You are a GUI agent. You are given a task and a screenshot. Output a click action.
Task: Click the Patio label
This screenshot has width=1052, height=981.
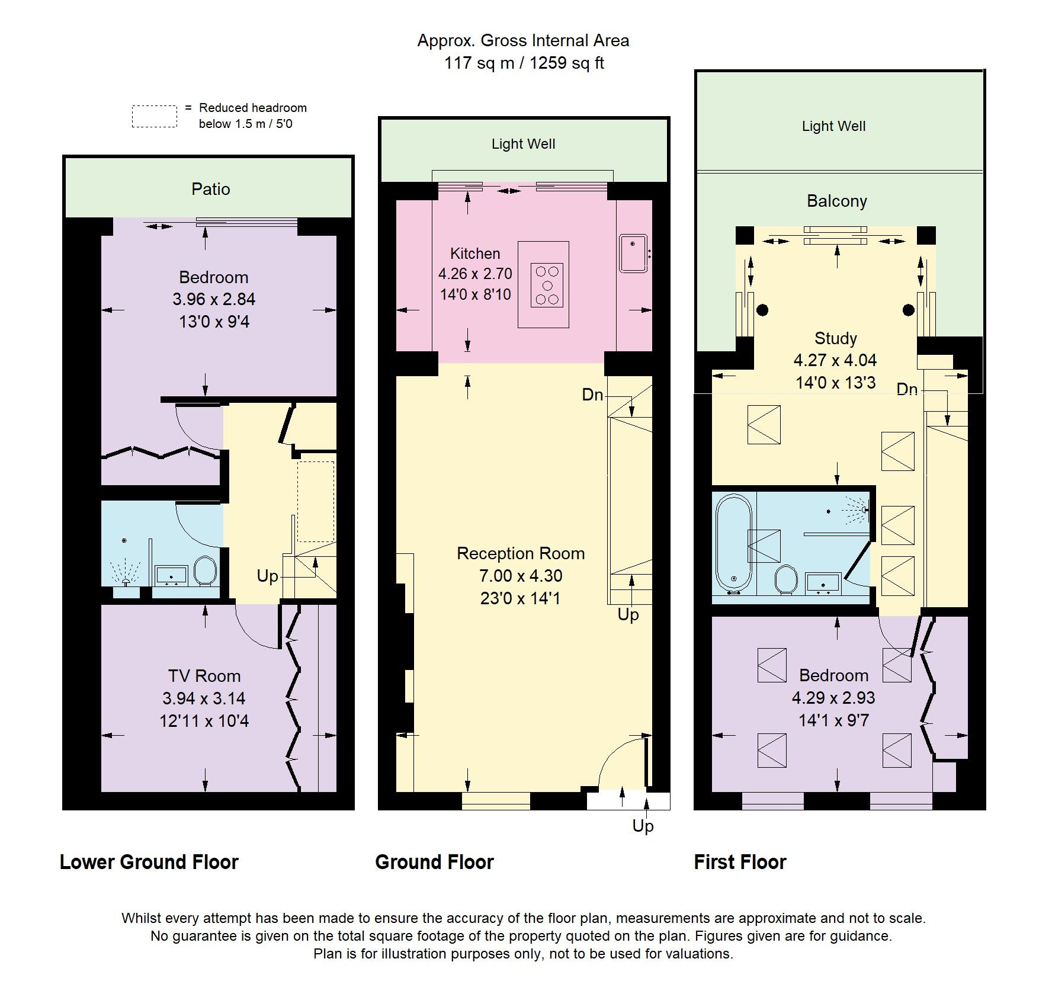(x=211, y=189)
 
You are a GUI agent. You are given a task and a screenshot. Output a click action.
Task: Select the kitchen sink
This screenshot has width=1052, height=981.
(x=634, y=254)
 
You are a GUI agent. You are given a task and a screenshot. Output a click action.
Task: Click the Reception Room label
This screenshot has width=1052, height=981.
(x=521, y=553)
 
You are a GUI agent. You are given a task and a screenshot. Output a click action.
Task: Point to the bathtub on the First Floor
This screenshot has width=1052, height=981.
(x=734, y=544)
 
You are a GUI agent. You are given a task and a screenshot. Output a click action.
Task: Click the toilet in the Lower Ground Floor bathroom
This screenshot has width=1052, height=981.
(x=205, y=571)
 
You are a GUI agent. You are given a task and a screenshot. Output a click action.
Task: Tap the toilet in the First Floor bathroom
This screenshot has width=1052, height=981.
(x=786, y=579)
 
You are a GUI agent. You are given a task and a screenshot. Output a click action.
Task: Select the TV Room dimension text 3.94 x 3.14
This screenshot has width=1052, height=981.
(x=204, y=698)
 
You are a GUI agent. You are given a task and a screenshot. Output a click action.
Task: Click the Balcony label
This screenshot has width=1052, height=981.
(x=836, y=201)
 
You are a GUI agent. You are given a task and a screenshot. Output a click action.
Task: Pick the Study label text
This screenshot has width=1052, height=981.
(x=835, y=338)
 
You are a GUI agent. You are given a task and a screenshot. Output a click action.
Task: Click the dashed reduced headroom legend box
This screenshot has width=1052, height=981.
(x=154, y=116)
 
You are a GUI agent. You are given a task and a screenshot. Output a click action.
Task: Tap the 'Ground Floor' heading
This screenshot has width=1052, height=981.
(x=434, y=862)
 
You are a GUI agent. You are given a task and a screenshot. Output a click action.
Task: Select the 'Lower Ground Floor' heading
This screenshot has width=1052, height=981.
(x=149, y=862)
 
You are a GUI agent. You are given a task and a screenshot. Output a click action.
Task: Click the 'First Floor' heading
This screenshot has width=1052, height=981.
(x=740, y=862)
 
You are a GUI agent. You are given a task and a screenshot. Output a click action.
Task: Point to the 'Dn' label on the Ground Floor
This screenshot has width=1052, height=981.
(x=592, y=395)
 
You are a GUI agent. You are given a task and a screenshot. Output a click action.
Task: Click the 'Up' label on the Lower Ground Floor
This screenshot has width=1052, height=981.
(x=267, y=576)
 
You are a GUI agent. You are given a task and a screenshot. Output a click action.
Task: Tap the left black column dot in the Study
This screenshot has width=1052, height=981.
(x=763, y=310)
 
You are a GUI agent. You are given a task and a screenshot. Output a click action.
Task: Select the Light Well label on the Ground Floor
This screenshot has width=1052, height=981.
(x=523, y=144)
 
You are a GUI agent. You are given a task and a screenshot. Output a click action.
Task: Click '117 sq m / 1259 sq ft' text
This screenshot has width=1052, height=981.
(x=524, y=63)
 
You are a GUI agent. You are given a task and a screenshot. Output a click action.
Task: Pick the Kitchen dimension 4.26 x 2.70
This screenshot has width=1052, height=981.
(x=475, y=274)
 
